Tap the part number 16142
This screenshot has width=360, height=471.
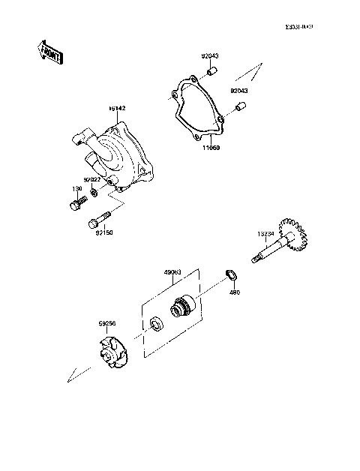tap(117, 109)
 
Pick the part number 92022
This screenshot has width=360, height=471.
tap(92, 179)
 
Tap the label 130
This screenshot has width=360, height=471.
tap(76, 188)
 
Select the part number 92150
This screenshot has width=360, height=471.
tap(103, 232)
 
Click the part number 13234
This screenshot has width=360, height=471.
tap(268, 233)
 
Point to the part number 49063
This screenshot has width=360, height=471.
tap(173, 272)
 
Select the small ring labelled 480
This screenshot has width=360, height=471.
tap(232, 274)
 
